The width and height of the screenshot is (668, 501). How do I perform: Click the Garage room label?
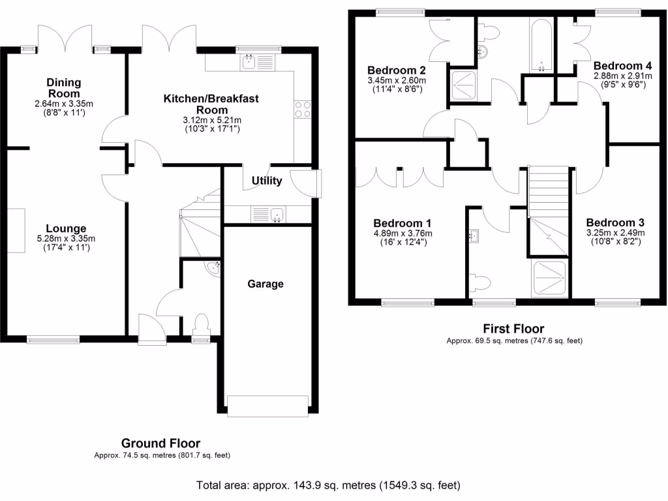tap(266, 284)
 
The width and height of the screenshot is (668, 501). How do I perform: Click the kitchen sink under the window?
tap(249, 63)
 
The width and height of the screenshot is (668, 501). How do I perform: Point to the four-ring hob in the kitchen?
tap(303, 109)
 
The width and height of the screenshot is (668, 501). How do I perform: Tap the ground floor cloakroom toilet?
tap(201, 324)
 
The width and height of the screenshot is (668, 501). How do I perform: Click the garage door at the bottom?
tap(267, 405)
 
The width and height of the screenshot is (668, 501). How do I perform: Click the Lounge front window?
tap(53, 339)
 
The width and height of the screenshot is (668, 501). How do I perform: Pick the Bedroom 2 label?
tap(397, 70)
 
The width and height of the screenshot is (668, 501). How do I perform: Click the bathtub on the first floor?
tap(541, 46)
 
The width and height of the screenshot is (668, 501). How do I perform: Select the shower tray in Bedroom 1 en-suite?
tap(549, 279)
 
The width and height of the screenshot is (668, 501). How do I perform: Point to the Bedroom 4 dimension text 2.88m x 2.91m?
tap(622, 76)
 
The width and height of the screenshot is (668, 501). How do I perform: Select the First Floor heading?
tap(513, 329)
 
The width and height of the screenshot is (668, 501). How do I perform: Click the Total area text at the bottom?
tap(328, 485)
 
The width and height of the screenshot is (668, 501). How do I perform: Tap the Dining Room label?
tap(63, 88)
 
